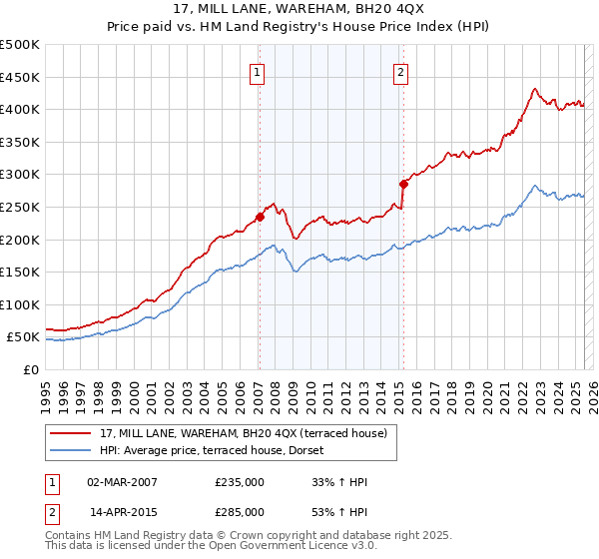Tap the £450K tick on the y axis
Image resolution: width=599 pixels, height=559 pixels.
click(20, 77)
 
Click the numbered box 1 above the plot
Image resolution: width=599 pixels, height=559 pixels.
click(258, 72)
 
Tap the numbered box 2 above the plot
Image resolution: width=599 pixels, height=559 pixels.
click(400, 72)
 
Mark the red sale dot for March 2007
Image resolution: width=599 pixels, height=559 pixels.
click(260, 217)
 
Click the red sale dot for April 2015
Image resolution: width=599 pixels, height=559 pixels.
click(403, 184)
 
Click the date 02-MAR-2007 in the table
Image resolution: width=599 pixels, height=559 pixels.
click(123, 482)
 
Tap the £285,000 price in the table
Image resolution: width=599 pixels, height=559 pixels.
click(240, 512)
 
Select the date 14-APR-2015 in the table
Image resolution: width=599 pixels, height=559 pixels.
click(123, 512)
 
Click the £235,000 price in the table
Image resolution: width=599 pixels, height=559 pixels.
click(240, 482)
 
